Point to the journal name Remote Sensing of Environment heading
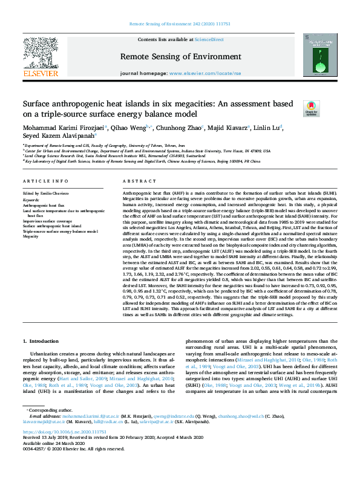coord(180,56)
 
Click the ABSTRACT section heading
coord(135,181)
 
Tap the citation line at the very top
coord(180,24)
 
